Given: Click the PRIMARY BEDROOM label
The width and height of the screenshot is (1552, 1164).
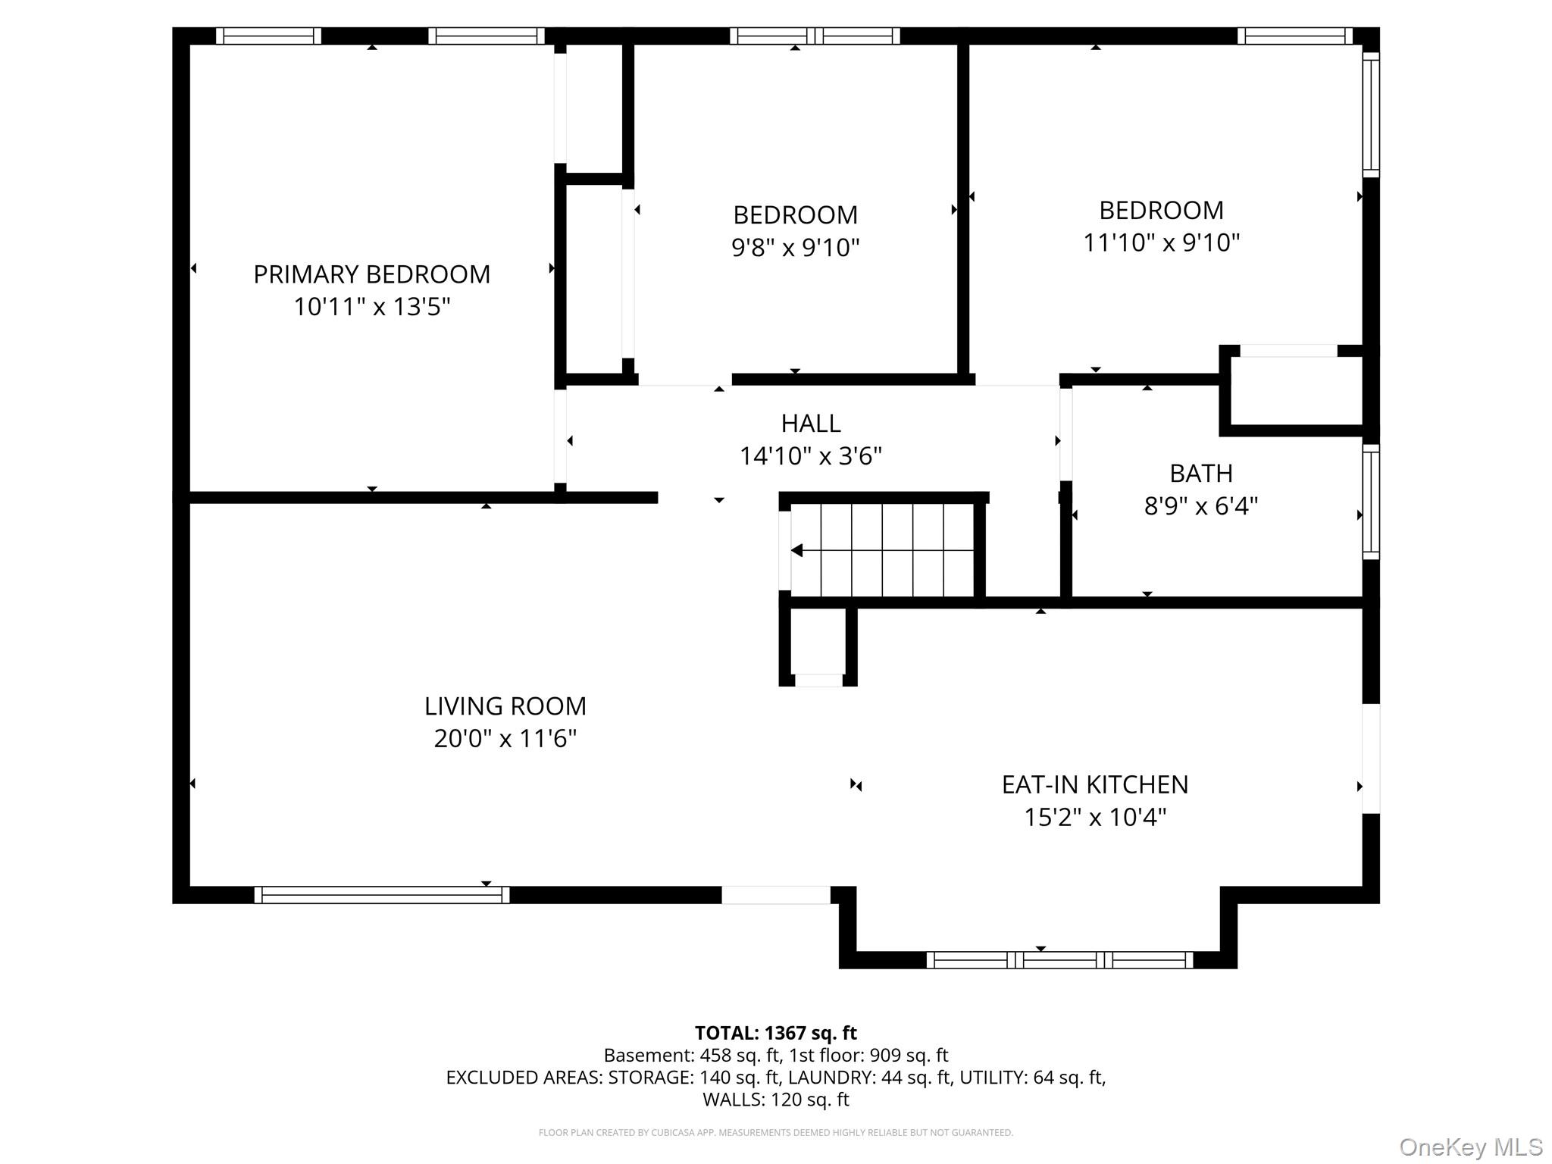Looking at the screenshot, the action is pos(371,274).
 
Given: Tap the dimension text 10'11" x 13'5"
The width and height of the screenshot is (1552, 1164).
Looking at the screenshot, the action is pos(371,307).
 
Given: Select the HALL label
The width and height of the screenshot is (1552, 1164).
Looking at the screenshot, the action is pos(811,423).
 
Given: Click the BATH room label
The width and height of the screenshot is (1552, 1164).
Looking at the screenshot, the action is pos(1201,474).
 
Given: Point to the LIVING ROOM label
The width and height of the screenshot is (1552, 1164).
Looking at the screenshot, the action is pos(505,706).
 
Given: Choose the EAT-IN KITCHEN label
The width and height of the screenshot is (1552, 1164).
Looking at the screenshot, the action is pos(1095,785).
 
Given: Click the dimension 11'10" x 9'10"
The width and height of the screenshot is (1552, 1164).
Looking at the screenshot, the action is pos(1161,242).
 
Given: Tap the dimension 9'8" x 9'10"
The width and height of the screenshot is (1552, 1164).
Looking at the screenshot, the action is pos(795,248).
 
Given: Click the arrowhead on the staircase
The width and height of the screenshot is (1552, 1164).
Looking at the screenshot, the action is pos(796,550).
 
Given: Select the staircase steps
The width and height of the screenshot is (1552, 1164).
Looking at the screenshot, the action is pos(883,550).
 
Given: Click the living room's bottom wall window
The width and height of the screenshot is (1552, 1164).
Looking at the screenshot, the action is pos(382,895).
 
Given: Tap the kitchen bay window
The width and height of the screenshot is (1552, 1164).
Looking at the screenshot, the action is pos(1059,960).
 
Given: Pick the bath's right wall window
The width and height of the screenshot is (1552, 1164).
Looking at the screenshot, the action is pos(1371,502).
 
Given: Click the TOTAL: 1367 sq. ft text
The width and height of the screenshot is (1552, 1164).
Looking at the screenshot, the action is pos(776,1033).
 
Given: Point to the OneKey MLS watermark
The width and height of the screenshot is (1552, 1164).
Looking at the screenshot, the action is pos(1471,1147).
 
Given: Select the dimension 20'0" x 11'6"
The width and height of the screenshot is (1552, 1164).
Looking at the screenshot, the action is pos(505,739).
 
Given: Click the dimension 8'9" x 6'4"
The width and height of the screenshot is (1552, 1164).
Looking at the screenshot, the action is pos(1201,506).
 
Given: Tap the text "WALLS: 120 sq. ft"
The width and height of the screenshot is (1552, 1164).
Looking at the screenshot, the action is pos(776,1100).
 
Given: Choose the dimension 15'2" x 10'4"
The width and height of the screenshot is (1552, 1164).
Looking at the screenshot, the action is pos(1095,818).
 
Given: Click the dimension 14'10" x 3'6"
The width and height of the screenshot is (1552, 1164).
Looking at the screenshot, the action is pos(811,456).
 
